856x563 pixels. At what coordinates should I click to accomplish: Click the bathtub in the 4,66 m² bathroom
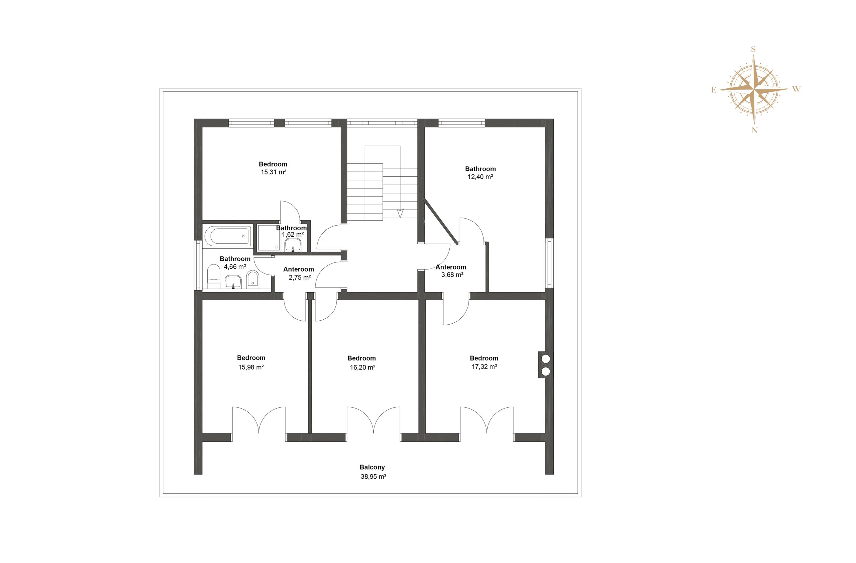228,236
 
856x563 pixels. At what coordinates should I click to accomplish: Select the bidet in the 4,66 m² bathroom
253,280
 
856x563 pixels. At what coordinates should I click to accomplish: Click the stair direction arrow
400,213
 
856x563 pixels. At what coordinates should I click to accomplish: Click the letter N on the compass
755,131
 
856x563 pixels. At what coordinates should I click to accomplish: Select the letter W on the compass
796,89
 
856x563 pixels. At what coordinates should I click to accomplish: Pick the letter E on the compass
714,90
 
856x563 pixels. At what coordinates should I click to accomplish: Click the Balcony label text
372,467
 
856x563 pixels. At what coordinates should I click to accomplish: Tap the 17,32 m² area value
485,367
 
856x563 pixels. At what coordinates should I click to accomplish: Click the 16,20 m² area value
362,368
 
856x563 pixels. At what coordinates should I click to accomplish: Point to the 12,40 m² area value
480,177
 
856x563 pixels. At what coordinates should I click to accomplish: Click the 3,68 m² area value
452,275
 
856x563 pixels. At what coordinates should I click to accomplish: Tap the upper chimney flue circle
546,358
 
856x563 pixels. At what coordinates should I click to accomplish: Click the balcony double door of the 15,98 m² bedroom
259,424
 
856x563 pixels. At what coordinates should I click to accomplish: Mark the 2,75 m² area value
300,277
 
